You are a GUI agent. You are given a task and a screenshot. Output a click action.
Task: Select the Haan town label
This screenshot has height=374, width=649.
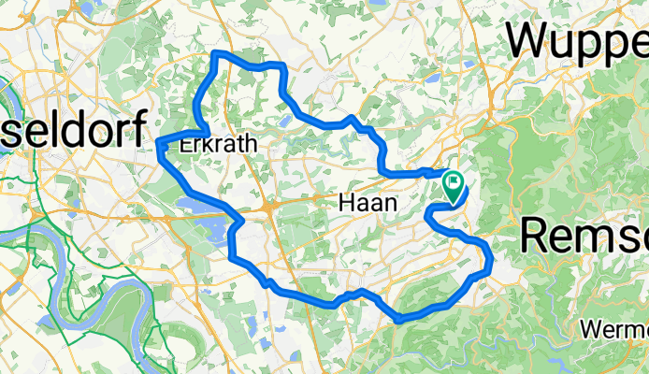pos(366,203)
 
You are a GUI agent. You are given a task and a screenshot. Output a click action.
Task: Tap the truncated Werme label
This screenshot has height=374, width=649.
pos(613,329)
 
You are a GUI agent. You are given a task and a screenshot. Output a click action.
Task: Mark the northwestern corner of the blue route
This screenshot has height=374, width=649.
pos(217,55)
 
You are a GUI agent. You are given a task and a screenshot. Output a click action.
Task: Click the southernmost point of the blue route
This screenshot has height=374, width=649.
pos(399,320)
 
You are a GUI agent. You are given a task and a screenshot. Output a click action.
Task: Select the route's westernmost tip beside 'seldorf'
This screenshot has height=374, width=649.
pos(158,142)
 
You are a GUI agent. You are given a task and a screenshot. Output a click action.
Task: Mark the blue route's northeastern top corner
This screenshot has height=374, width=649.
pos(279,65)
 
